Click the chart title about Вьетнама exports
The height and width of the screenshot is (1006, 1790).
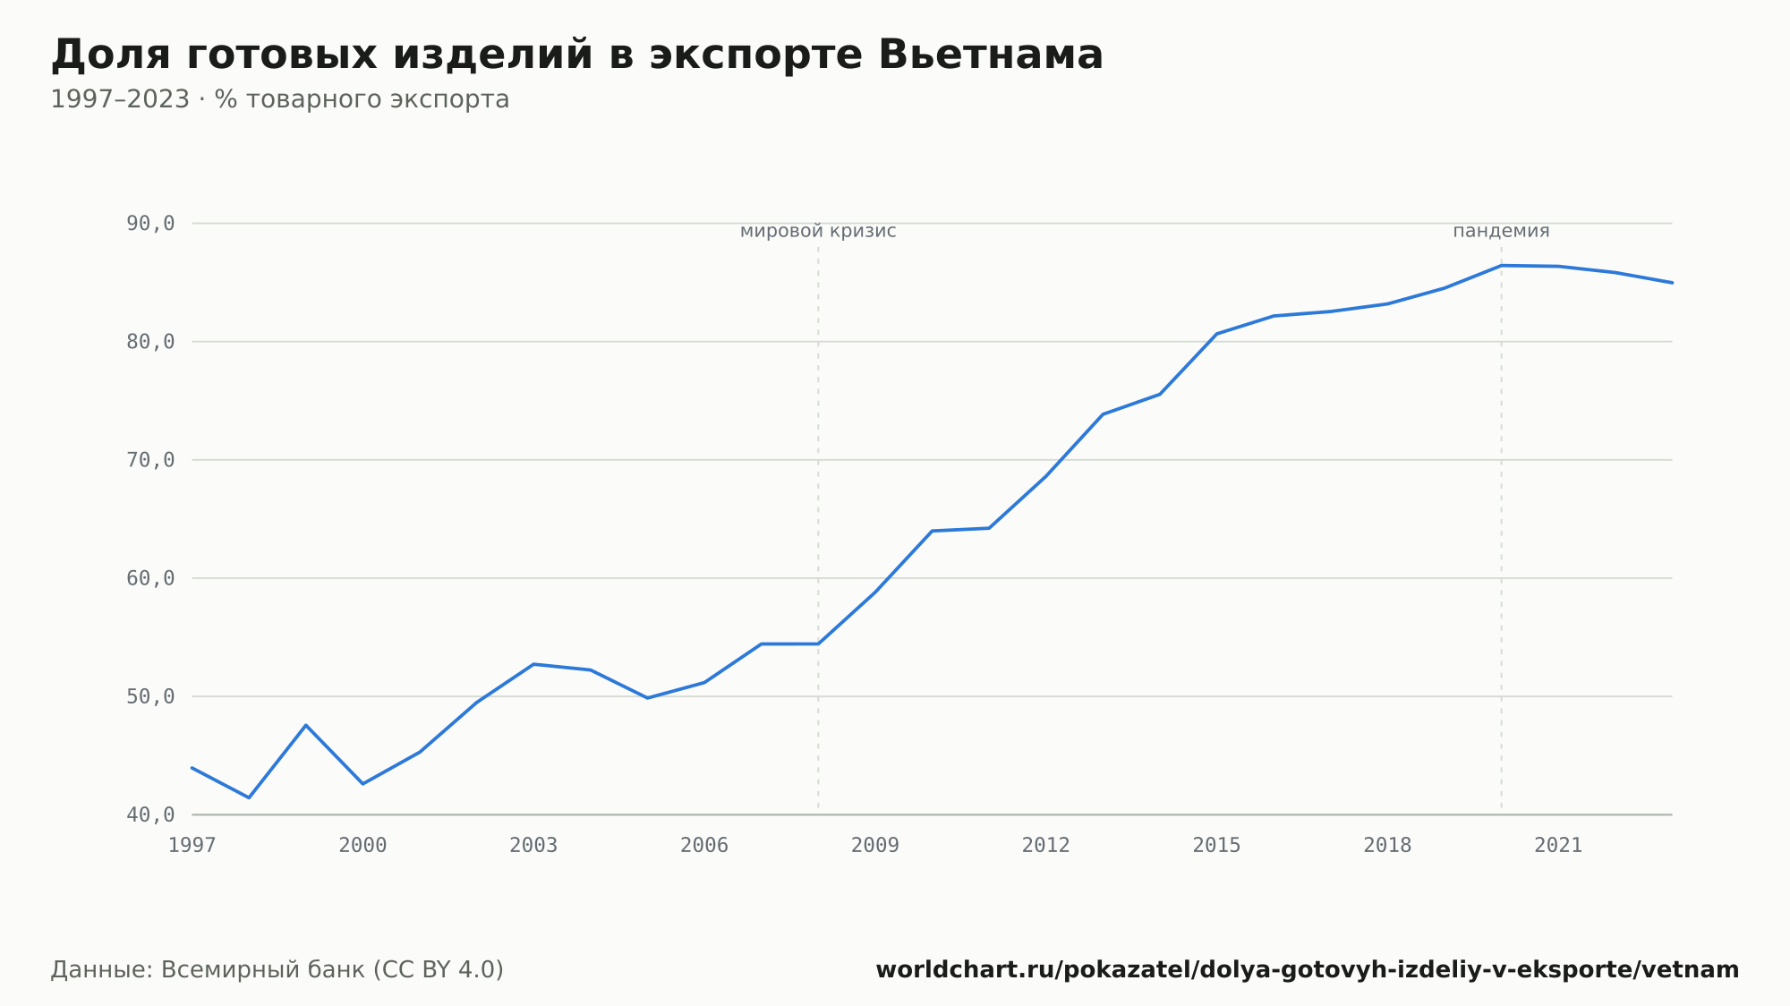coord(577,55)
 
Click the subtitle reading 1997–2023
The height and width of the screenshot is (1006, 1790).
coord(280,99)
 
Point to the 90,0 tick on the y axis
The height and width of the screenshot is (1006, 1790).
coord(150,224)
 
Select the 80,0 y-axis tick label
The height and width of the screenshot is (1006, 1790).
coord(150,342)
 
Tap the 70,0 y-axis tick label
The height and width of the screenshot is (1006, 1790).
coord(150,460)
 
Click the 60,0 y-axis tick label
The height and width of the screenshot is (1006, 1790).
coord(150,578)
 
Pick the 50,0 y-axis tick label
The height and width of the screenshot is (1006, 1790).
coord(150,696)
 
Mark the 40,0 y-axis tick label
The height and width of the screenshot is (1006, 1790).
coord(150,814)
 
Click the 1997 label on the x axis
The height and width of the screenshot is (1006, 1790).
coord(192,846)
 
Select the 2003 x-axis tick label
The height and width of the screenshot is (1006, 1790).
coord(533,846)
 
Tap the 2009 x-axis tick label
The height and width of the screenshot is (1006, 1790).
coord(875,846)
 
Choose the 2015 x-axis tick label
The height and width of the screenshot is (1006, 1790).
coord(1217,846)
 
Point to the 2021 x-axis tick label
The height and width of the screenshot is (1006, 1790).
coord(1558,846)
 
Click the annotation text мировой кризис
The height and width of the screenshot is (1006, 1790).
coord(818,232)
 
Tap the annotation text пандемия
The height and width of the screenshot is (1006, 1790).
coord(1501,232)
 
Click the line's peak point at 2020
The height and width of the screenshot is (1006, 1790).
coord(1502,266)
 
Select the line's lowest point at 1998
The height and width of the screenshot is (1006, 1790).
coord(249,797)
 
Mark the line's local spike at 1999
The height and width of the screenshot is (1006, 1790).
coord(306,725)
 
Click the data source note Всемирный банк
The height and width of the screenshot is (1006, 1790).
coord(277,970)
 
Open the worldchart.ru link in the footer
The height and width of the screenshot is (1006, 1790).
coord(1308,970)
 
